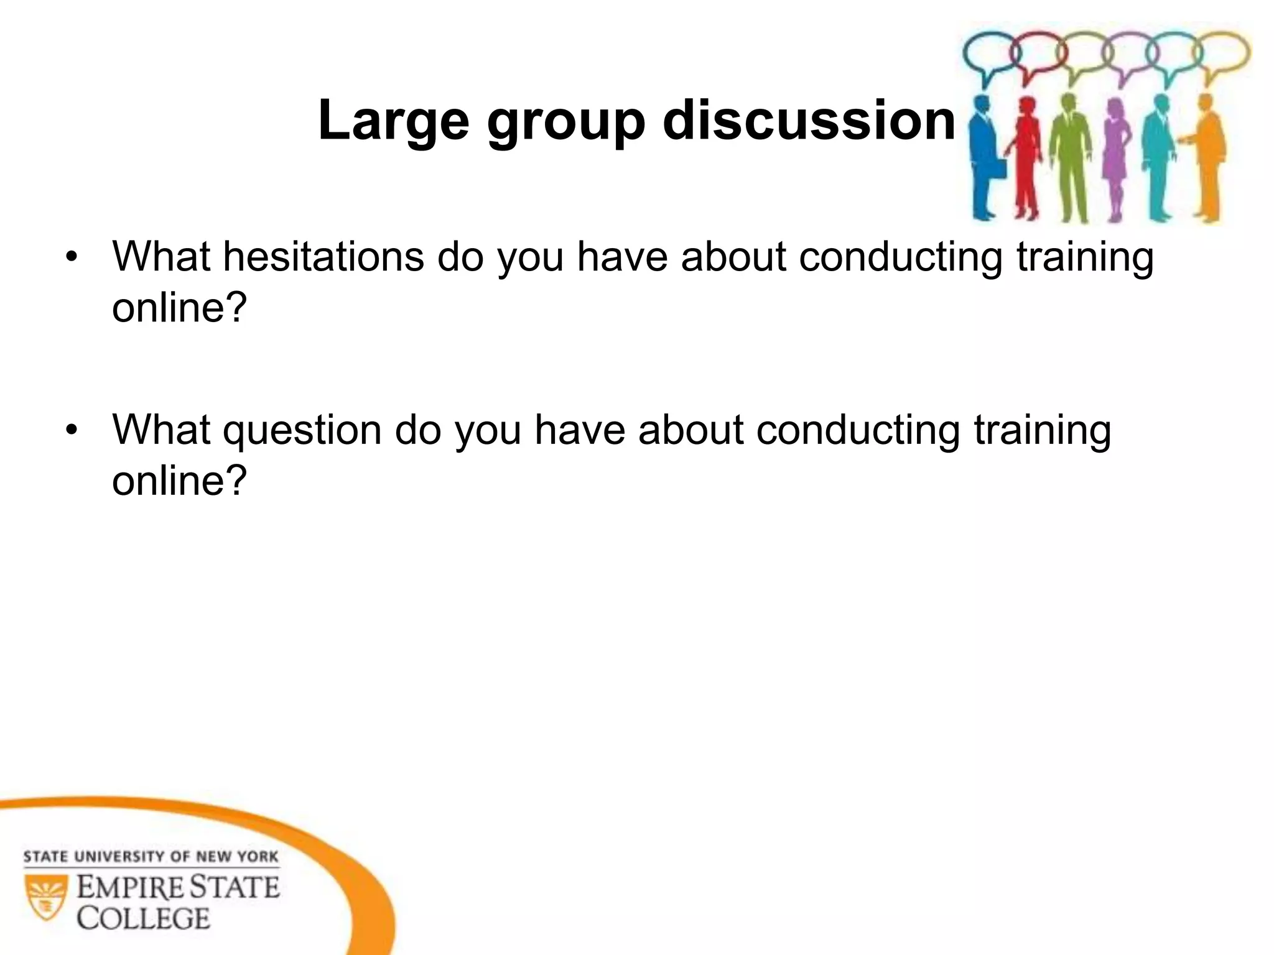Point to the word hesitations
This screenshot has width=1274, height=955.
click(323, 256)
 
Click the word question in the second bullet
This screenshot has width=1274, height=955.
click(302, 431)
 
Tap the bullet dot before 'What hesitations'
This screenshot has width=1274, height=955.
click(73, 257)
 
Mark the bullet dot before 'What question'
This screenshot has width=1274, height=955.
click(73, 430)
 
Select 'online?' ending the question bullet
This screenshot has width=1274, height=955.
click(179, 480)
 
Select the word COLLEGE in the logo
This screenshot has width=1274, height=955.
click(144, 918)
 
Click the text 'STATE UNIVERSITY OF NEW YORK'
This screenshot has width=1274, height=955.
click(151, 857)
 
